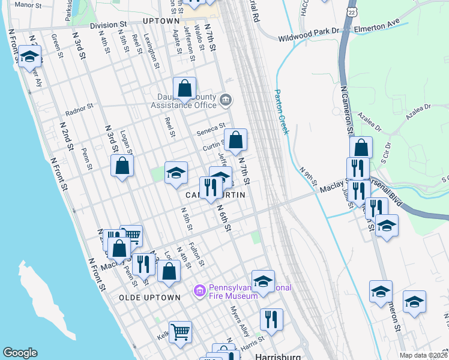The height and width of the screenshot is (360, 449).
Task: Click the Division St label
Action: coord(109,25)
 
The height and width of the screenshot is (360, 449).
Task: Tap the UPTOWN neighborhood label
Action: coord(161,21)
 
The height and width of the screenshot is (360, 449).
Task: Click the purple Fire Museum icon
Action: coord(200,291)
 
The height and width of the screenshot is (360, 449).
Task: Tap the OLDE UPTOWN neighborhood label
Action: coord(149,298)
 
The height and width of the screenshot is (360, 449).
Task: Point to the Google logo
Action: coord(20,353)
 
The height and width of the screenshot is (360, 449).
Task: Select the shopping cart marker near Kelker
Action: coord(180,331)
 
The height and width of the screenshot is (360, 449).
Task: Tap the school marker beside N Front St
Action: coord(29,57)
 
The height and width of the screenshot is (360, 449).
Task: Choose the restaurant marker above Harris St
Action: coord(271,319)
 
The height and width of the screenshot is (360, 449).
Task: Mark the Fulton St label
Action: coord(196,254)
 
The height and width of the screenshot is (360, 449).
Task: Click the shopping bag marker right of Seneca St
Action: coord(237,140)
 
